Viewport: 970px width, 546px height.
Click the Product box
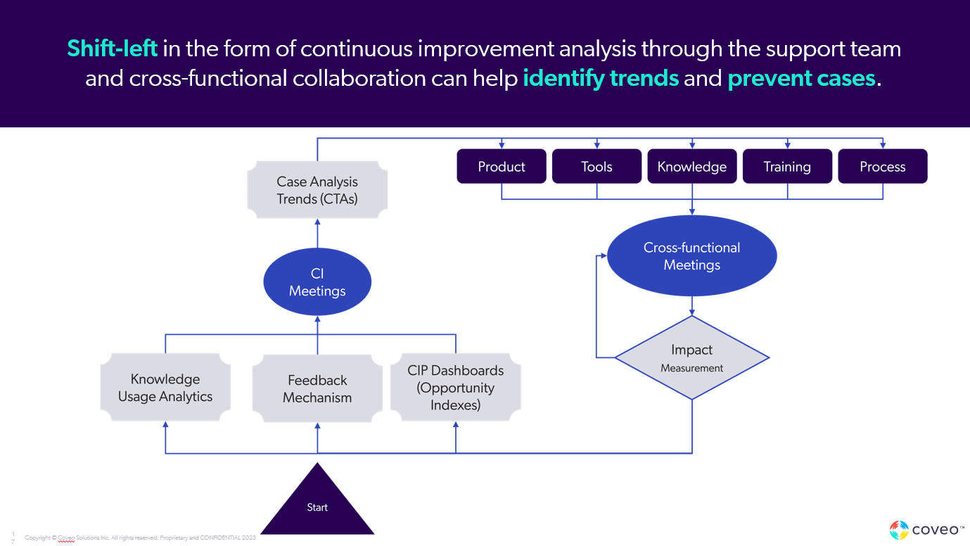tap(502, 167)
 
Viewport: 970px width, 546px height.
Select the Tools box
tap(596, 167)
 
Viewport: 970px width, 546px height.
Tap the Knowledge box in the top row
tap(692, 167)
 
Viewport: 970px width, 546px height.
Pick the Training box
tap(787, 167)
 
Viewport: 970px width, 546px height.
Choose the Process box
tap(883, 167)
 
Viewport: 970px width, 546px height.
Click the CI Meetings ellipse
tap(317, 282)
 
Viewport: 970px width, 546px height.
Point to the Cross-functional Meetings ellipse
tap(692, 256)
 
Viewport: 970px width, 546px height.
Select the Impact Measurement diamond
tap(692, 357)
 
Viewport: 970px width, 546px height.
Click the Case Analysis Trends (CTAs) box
tap(317, 190)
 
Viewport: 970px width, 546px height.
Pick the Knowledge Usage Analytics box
tap(165, 388)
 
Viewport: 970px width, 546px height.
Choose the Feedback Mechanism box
tap(317, 388)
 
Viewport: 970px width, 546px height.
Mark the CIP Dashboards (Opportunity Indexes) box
tap(456, 388)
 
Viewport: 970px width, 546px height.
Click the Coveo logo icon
tap(899, 530)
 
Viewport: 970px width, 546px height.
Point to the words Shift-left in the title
tap(112, 49)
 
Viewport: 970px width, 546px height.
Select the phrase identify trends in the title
tap(601, 78)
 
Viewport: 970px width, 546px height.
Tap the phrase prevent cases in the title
tap(801, 78)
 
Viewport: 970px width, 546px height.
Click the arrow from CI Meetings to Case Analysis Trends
tap(317, 232)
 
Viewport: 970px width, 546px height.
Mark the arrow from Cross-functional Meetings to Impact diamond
tap(692, 305)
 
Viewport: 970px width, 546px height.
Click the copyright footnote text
tap(140, 538)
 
